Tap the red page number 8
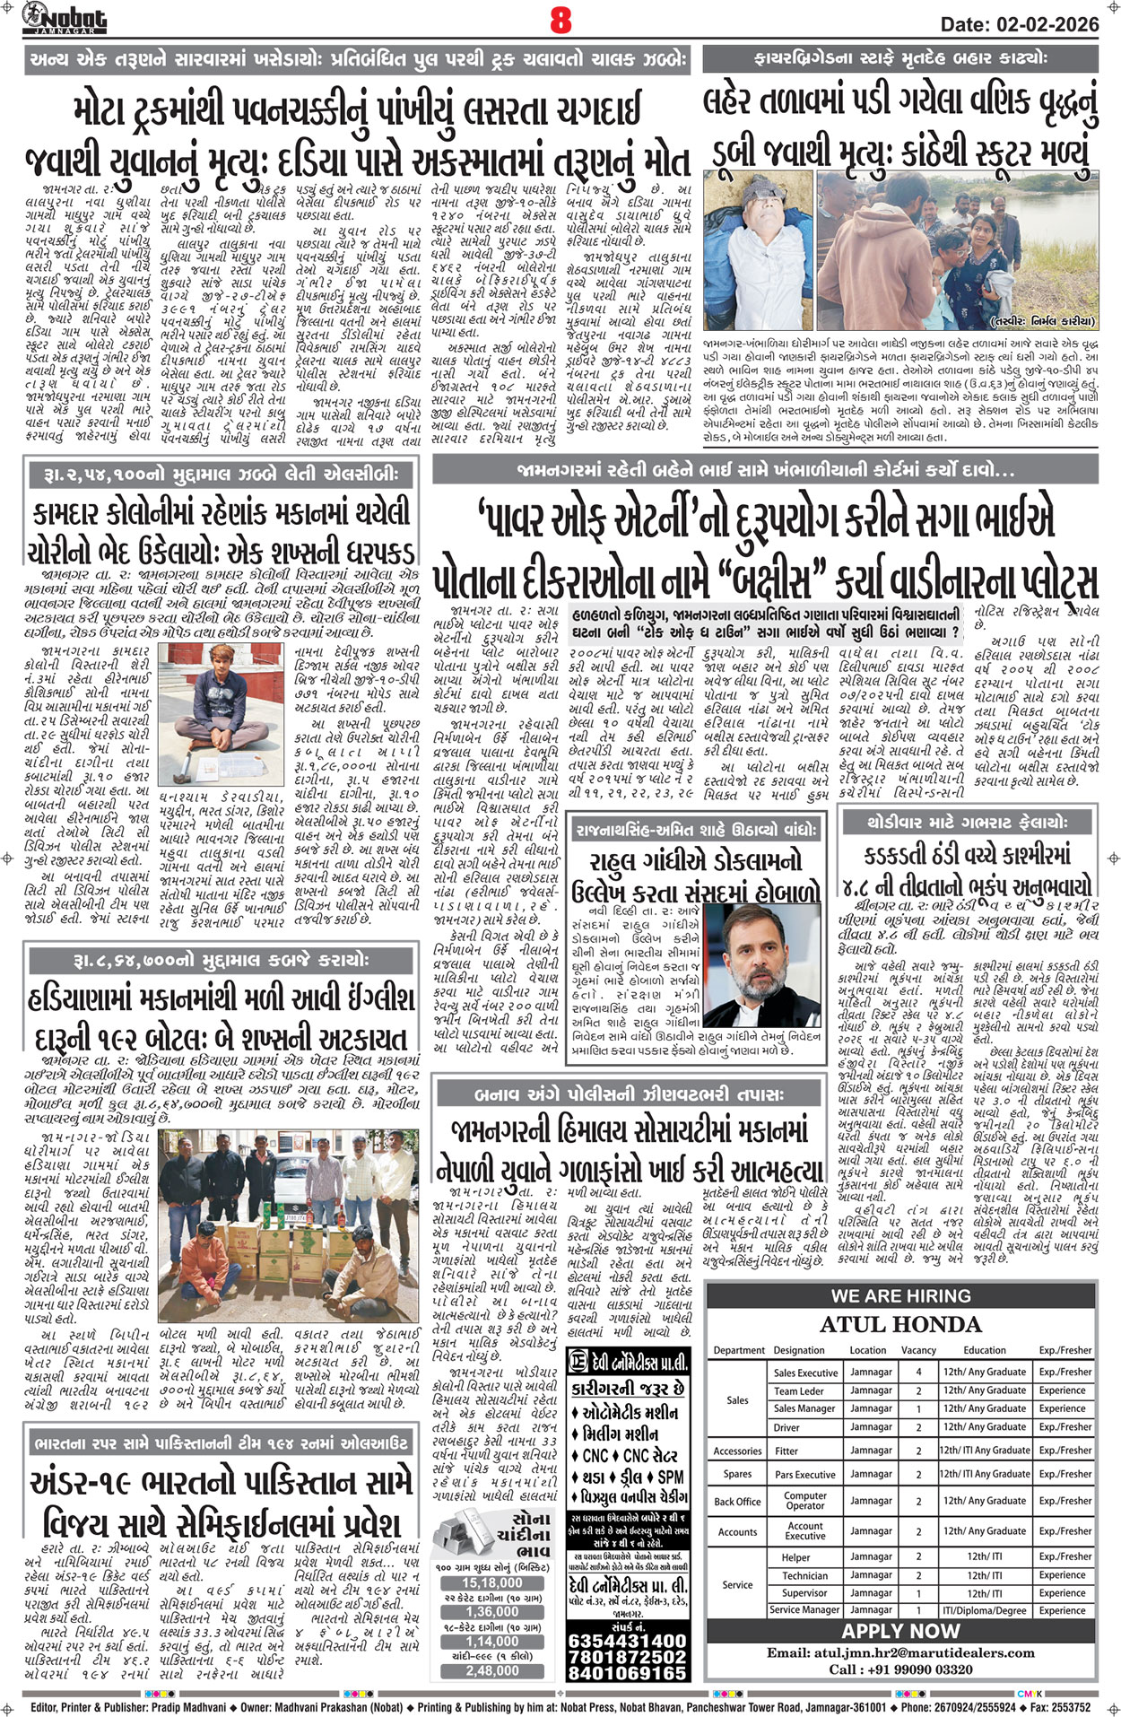pyautogui.click(x=560, y=20)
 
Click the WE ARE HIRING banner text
pyautogui.click(x=900, y=1295)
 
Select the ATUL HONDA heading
pyautogui.click(x=900, y=1324)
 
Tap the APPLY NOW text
pyautogui.click(x=900, y=1630)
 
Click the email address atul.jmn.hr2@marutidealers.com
pyautogui.click(x=900, y=1652)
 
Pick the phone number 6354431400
pyautogui.click(x=628, y=1641)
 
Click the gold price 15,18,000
pyautogui.click(x=492, y=1582)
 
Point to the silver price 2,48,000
pyautogui.click(x=492, y=1670)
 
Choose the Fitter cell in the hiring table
pyautogui.click(x=786, y=1450)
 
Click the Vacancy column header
pyautogui.click(x=918, y=1350)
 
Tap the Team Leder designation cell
pyautogui.click(x=799, y=1390)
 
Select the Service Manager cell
pyautogui.click(x=804, y=1609)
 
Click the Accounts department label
pyautogui.click(x=737, y=1531)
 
